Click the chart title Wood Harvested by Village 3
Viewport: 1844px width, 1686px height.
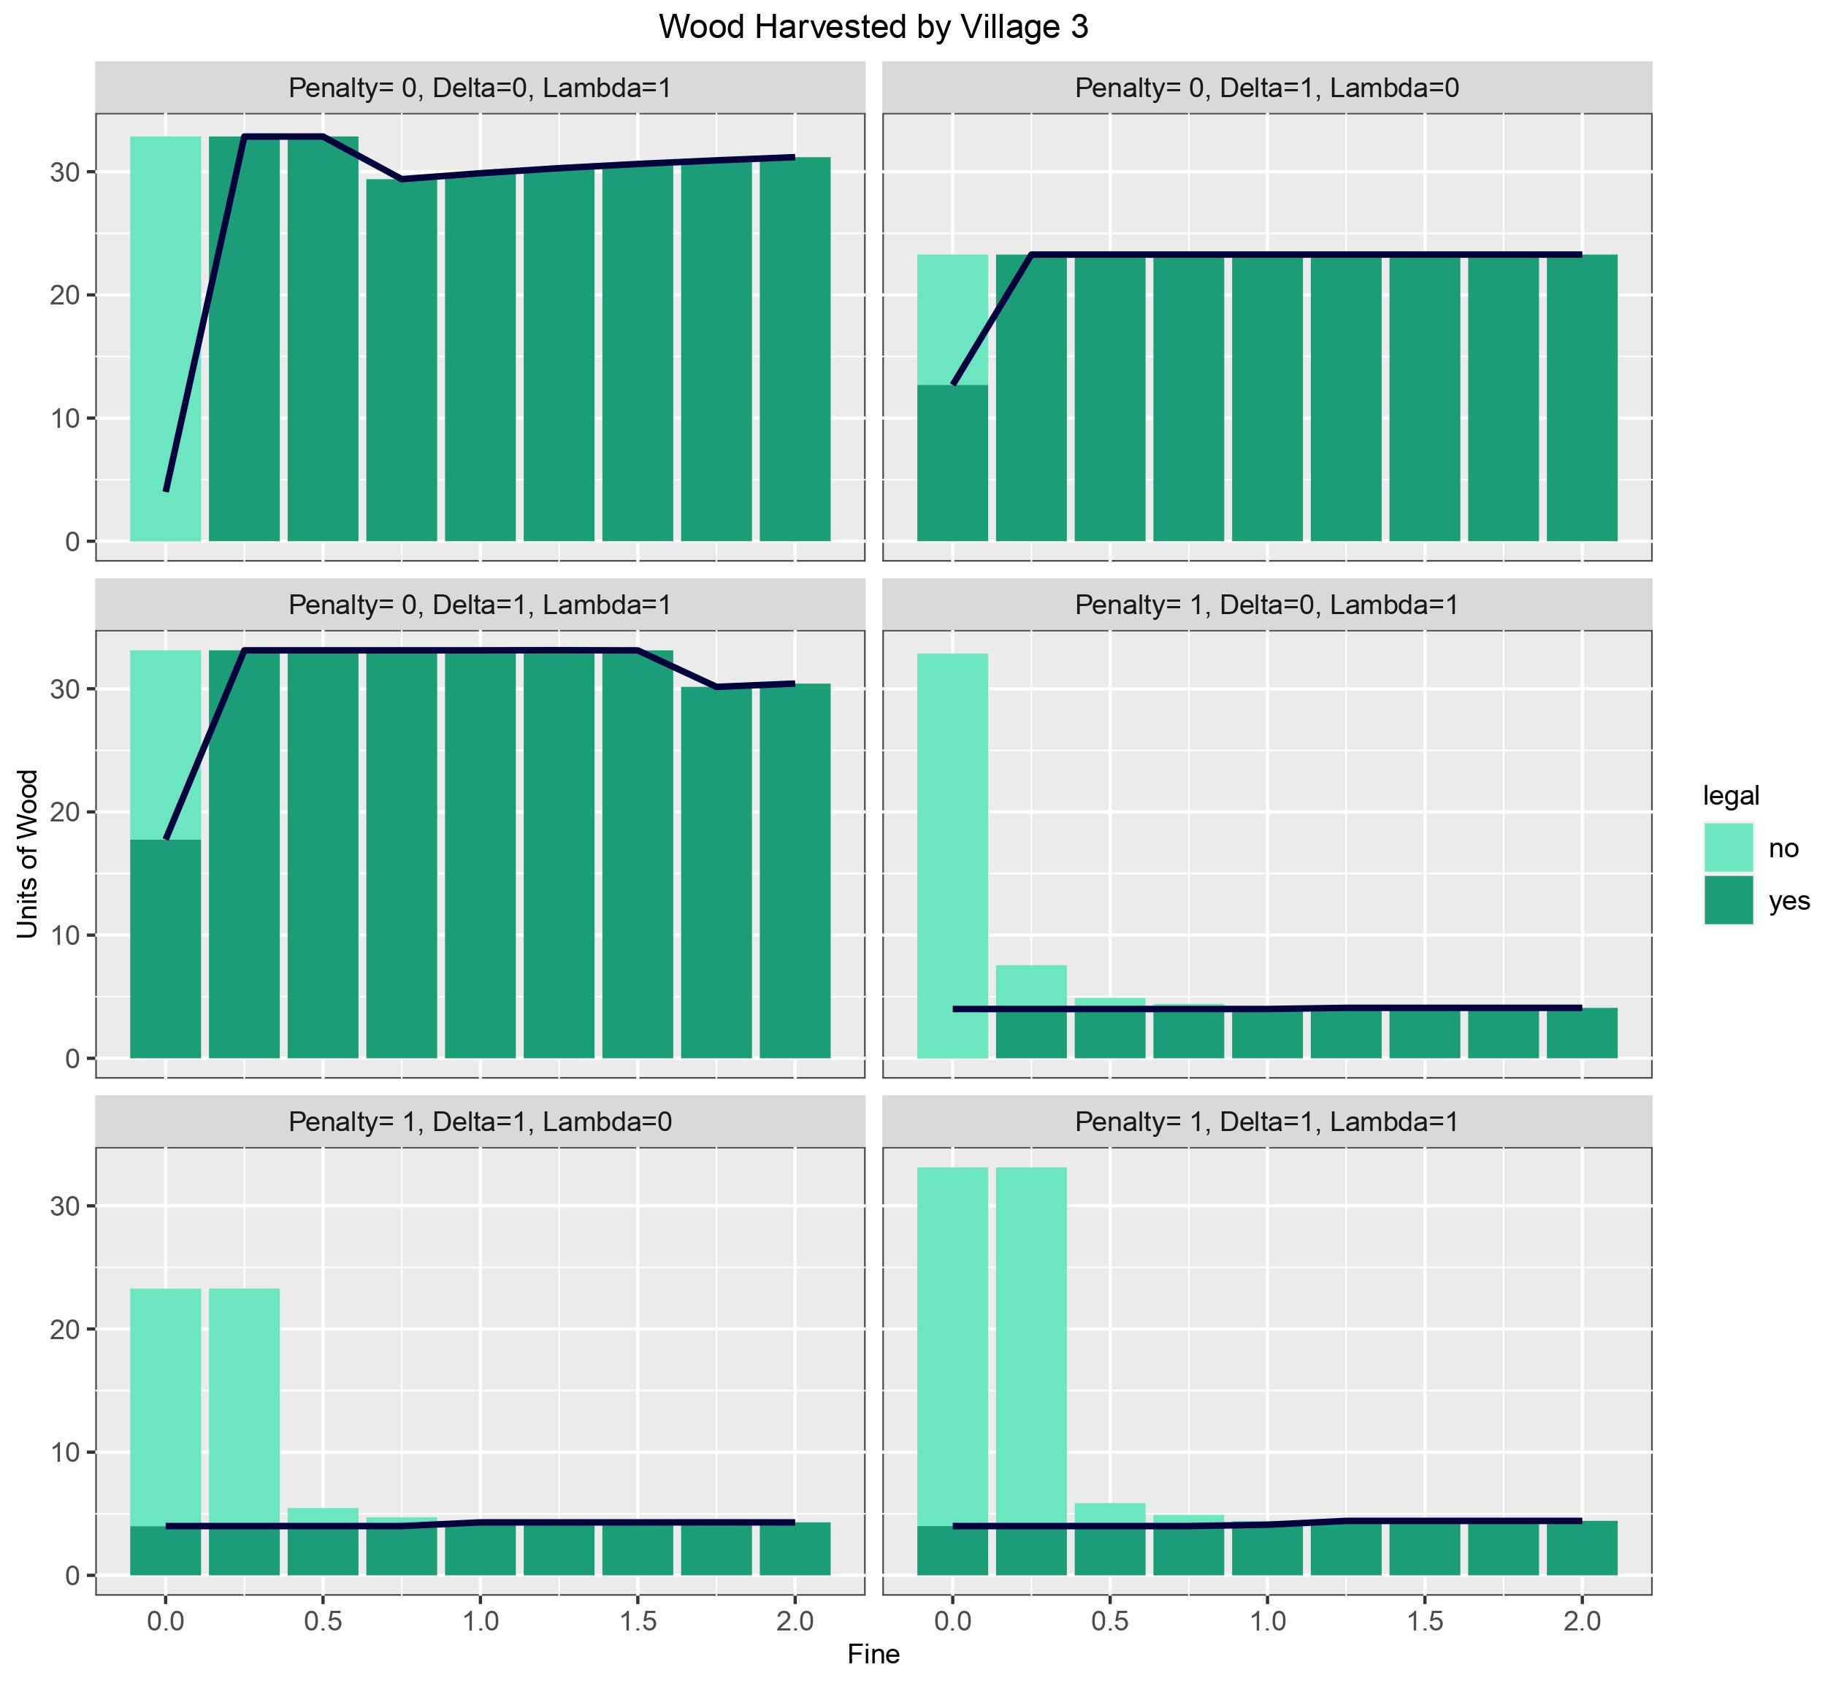point(873,28)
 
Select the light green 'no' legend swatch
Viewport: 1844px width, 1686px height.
point(1728,848)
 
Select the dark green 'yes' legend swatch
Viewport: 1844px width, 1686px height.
point(1728,900)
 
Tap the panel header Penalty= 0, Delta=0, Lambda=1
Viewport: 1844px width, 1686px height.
point(481,88)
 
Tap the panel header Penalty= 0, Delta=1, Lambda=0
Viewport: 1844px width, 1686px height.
point(1267,88)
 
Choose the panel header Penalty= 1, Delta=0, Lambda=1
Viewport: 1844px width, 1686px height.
point(1267,605)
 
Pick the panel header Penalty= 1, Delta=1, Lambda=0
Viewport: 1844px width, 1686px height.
point(481,1122)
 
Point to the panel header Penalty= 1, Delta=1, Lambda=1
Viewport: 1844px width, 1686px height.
point(1267,1122)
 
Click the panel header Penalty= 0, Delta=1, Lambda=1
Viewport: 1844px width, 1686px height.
point(481,605)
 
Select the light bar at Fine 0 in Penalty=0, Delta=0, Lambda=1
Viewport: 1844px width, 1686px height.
point(166,338)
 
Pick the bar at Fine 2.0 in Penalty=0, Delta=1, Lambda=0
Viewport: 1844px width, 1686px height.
point(1582,398)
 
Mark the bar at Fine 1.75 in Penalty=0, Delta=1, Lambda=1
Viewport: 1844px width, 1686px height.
point(716,873)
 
